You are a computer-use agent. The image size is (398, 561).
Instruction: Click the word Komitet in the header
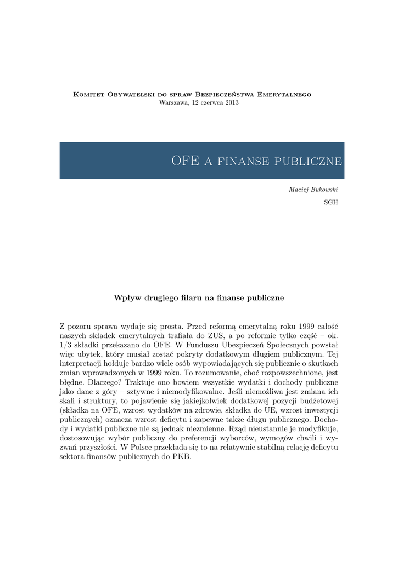pos(88,95)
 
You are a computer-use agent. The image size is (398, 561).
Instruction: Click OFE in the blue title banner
pos(185,161)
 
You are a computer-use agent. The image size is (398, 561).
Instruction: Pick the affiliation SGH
pos(331,202)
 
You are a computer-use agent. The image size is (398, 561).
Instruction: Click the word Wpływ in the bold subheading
pos(125,298)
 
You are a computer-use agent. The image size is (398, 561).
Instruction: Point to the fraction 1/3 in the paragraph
pos(65,346)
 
